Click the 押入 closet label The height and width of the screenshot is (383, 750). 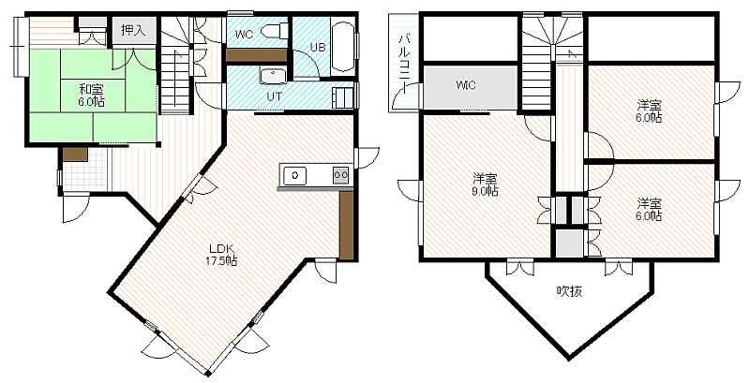pyautogui.click(x=133, y=31)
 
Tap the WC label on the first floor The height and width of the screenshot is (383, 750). pyautogui.click(x=245, y=34)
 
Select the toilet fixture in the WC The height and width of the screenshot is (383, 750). pyautogui.click(x=275, y=31)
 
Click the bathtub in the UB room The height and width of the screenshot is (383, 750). pyautogui.click(x=343, y=46)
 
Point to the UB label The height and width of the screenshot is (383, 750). pyautogui.click(x=318, y=47)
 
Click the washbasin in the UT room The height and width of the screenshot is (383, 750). pyautogui.click(x=273, y=76)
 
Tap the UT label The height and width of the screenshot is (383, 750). pyautogui.click(x=274, y=96)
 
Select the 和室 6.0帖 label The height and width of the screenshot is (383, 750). pyautogui.click(x=92, y=95)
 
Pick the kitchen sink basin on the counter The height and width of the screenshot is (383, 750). pyautogui.click(x=294, y=175)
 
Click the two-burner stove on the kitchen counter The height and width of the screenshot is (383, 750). pyautogui.click(x=341, y=175)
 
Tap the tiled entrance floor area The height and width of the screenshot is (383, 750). pyautogui.click(x=85, y=169)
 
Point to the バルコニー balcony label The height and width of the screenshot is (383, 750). pyautogui.click(x=404, y=58)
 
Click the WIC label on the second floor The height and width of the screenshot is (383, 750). pyautogui.click(x=465, y=86)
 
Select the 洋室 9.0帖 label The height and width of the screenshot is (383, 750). pyautogui.click(x=486, y=185)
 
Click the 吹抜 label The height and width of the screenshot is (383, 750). pyautogui.click(x=570, y=291)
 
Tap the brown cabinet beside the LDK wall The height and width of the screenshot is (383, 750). pyautogui.click(x=346, y=226)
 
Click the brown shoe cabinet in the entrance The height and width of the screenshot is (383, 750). pyautogui.click(x=75, y=155)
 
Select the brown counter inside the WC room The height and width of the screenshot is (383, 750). pyautogui.click(x=256, y=55)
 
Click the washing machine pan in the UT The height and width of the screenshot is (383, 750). pyautogui.click(x=343, y=98)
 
